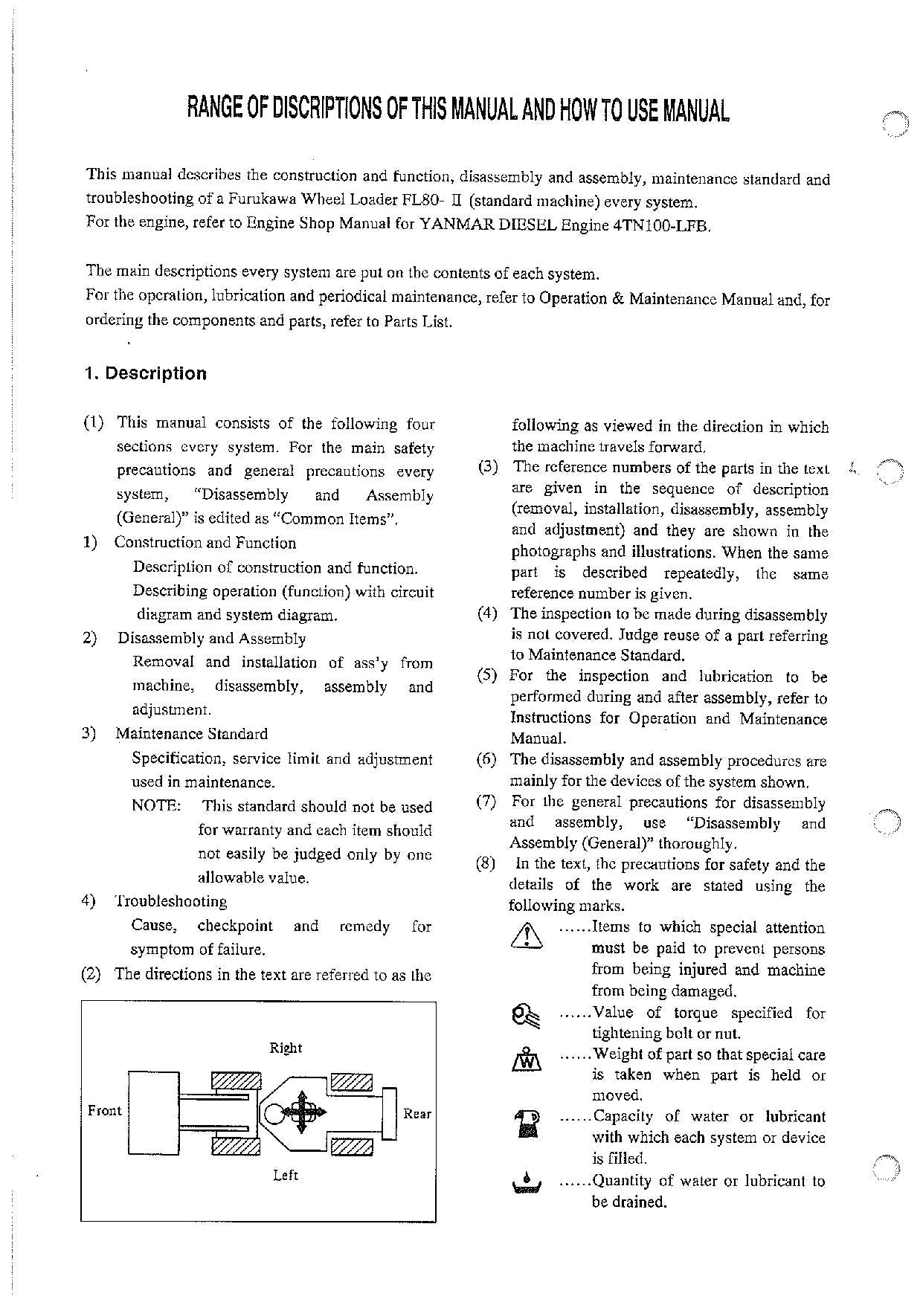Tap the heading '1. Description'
146,373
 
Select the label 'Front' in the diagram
104,1110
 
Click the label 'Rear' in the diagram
417,1113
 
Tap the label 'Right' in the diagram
286,1048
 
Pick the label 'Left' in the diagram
286,1175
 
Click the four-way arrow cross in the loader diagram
301,1112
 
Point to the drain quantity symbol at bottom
527,1182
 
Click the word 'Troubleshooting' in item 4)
172,901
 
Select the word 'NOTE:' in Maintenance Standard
156,806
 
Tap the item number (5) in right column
486,676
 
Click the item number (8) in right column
486,864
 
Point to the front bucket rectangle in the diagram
153,1112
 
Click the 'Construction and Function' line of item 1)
205,543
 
